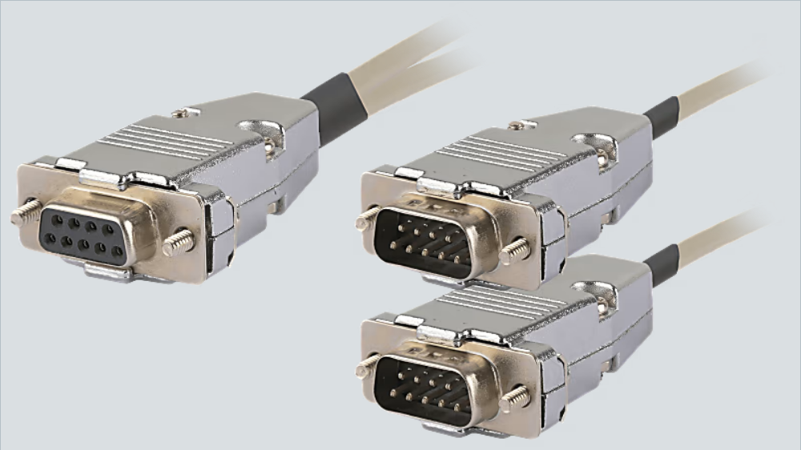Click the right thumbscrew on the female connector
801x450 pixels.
click(179, 243)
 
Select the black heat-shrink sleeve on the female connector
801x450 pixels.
click(334, 109)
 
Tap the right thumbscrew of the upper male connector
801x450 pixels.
click(514, 251)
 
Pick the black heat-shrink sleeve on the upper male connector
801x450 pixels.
click(662, 117)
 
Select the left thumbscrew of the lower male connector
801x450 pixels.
click(367, 365)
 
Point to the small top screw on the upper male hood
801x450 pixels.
click(522, 125)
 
